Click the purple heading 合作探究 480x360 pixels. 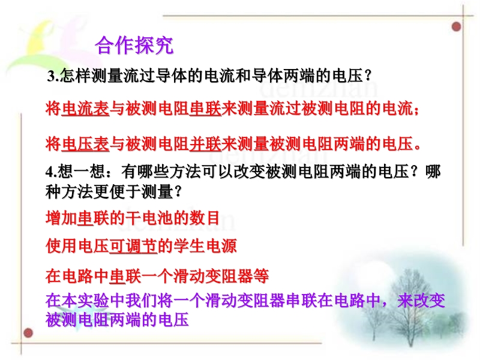[x=134, y=46]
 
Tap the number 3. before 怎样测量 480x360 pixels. [x=53, y=76]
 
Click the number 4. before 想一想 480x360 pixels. [x=51, y=172]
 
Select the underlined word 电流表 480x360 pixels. [x=85, y=109]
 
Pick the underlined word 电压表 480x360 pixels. [x=85, y=144]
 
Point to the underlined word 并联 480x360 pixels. [x=205, y=144]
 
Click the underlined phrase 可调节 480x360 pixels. [x=133, y=246]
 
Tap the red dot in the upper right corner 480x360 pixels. [x=457, y=26]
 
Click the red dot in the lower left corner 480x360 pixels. [x=28, y=333]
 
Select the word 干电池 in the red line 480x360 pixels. [x=149, y=218]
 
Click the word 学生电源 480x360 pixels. [x=205, y=246]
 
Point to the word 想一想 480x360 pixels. [x=81, y=172]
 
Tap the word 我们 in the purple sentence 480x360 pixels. [x=141, y=301]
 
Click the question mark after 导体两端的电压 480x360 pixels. [x=368, y=76]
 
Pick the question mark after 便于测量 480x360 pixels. [x=178, y=192]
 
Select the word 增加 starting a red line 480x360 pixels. [x=62, y=218]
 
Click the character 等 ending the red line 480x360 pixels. [x=261, y=276]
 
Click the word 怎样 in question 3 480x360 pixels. [x=75, y=76]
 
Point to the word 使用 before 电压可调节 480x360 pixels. [x=62, y=246]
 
